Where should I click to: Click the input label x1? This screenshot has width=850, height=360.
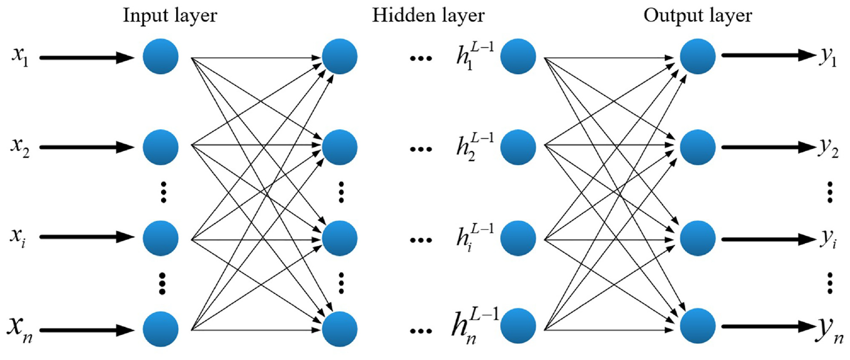tap(20, 57)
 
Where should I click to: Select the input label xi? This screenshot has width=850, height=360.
tap(18, 238)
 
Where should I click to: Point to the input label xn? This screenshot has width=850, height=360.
tap(20, 329)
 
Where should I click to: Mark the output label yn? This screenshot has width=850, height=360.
tap(830, 331)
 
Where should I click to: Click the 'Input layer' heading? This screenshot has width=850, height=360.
tap(170, 16)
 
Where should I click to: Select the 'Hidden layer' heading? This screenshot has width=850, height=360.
tap(428, 16)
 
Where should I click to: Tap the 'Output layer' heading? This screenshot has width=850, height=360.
tap(697, 16)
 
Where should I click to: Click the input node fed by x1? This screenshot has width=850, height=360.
tap(161, 56)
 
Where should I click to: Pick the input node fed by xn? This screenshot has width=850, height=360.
tap(161, 329)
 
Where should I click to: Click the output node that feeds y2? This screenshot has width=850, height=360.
tap(697, 147)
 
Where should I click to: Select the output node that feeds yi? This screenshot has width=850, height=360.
tap(697, 238)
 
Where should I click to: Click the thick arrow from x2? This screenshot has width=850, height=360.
tap(87, 147)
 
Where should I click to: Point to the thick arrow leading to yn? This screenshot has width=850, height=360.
tap(769, 326)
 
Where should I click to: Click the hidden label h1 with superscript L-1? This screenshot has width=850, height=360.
tap(475, 56)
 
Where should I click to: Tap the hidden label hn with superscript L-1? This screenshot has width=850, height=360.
tap(475, 326)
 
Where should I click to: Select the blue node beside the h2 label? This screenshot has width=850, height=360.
tap(518, 147)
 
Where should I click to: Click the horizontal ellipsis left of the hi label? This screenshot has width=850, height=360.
tap(421, 240)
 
